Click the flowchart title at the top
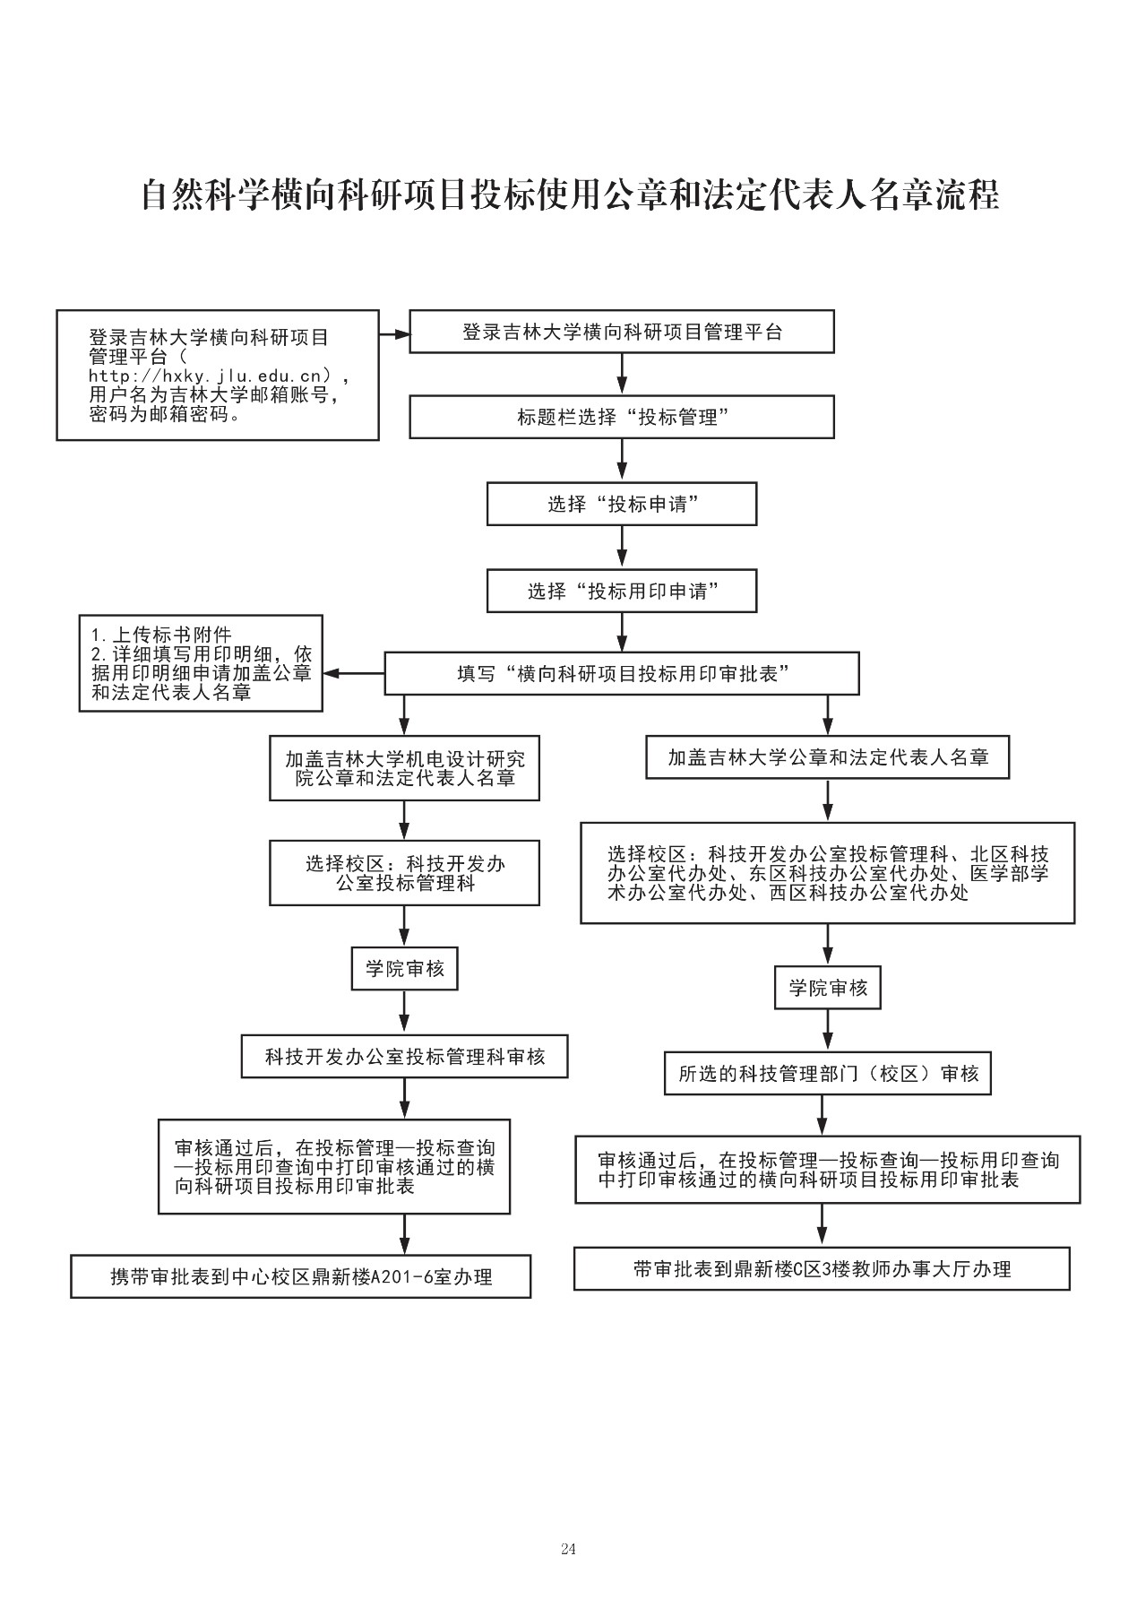tap(570, 195)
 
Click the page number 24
tap(568, 1549)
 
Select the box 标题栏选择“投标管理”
tap(622, 417)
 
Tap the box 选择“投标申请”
tap(622, 504)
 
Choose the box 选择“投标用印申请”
tap(622, 591)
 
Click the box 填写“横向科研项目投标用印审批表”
tap(622, 673)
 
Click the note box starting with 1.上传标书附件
tap(201, 662)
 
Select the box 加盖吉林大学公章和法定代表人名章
tap(828, 757)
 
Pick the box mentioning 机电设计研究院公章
tap(405, 768)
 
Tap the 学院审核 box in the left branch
tap(405, 969)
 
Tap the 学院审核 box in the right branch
tap(828, 989)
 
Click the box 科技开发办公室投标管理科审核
tap(405, 1057)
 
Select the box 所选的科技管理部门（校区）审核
tap(828, 1074)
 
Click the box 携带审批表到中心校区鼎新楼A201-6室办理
tap(301, 1276)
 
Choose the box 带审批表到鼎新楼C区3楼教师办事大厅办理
tap(822, 1268)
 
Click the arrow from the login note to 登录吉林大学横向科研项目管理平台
tap(394, 334)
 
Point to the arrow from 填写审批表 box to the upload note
tap(354, 673)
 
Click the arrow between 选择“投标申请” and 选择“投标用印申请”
tap(622, 547)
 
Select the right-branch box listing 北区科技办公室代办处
tap(828, 873)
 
